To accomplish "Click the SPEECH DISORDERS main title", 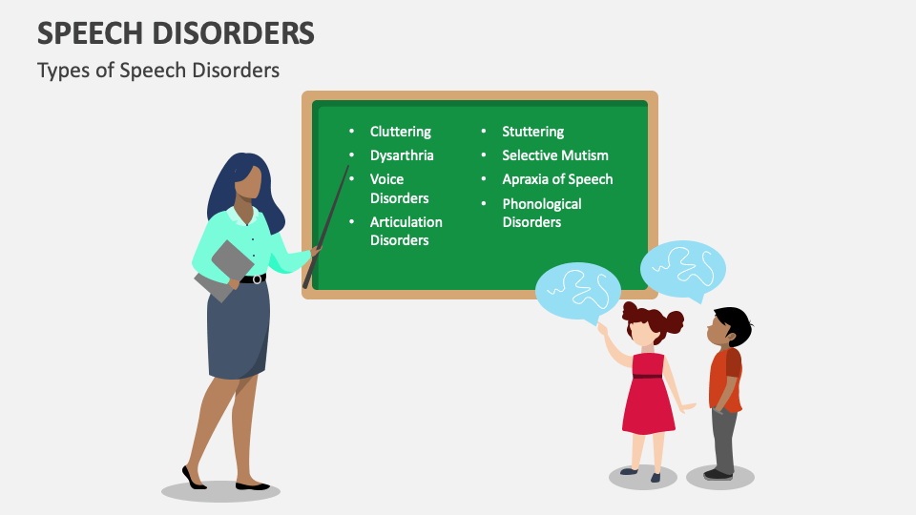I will coord(176,33).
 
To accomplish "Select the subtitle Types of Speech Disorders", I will coord(158,71).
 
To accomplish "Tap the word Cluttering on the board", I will coord(400,132).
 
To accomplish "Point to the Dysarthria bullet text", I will coord(402,154).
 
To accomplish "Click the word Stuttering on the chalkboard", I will coord(532,132).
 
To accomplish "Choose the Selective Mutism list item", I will coord(554,154).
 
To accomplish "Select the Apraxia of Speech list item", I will coord(557,178).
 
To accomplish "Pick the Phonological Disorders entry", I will coord(541,213).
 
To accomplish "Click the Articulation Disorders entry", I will coord(406,231).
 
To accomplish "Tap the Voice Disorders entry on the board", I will coord(399,188).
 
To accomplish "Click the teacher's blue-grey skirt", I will coord(238,329).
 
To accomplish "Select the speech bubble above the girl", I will coord(577,290).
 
